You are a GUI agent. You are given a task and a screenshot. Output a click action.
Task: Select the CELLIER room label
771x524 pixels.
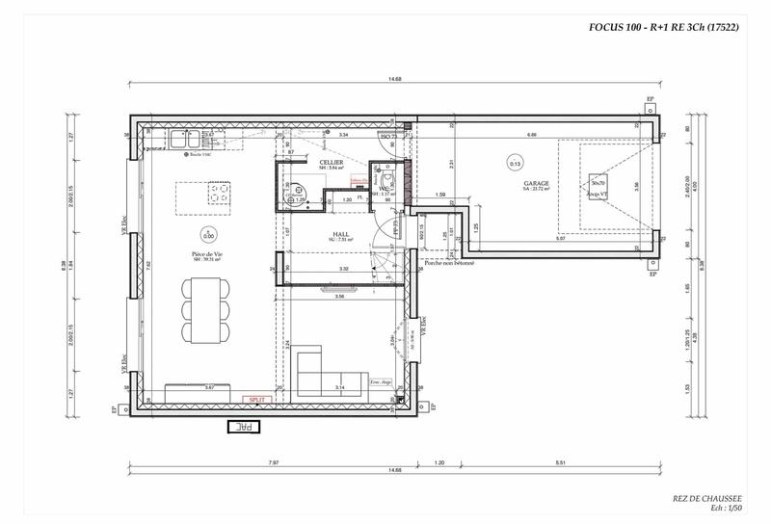pyautogui.click(x=332, y=162)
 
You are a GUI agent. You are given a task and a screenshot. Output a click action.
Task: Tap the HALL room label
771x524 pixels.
pyautogui.click(x=340, y=233)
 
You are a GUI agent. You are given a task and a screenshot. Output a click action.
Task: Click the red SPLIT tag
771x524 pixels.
pyautogui.click(x=256, y=398)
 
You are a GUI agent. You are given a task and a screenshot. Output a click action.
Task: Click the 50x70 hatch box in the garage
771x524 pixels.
pyautogui.click(x=598, y=183)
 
